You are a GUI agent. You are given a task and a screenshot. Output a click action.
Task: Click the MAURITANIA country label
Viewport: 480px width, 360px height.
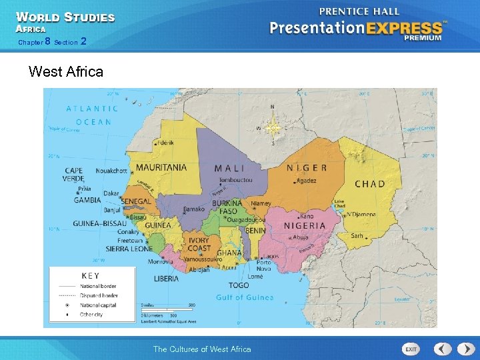coord(161,167)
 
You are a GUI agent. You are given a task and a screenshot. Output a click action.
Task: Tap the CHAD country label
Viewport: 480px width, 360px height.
coord(369,184)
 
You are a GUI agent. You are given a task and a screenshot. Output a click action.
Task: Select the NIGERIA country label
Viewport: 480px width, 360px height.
coord(305,225)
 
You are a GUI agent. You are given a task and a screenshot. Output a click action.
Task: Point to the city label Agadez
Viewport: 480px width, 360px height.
coord(307,181)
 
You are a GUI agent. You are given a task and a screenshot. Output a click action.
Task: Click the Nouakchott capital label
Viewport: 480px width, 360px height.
coord(111,171)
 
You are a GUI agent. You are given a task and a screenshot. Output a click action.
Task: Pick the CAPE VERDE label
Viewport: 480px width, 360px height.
coord(74,175)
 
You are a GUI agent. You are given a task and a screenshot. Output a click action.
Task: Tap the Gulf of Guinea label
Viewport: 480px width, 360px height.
coord(245,297)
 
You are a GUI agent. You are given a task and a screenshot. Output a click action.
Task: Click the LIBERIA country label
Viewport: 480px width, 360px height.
coord(166,279)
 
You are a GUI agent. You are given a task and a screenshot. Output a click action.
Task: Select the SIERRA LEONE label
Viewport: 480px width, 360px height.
coord(129,249)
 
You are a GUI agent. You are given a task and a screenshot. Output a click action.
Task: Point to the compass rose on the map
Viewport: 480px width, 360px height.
coord(272,127)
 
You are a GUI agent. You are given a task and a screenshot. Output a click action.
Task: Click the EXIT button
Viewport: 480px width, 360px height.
coord(411,349)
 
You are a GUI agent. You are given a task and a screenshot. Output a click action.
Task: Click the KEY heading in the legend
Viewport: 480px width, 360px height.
coord(91,275)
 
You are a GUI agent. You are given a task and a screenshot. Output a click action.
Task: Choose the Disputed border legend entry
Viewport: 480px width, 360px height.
coord(99,295)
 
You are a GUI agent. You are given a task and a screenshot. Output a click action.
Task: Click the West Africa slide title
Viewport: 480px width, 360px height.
coord(66,71)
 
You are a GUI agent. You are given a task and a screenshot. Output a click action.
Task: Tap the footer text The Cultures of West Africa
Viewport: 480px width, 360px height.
coord(202,349)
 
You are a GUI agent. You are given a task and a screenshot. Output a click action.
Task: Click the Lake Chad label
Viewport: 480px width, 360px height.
coord(339,203)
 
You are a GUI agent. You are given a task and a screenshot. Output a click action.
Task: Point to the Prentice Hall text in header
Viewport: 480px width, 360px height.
coord(359,11)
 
